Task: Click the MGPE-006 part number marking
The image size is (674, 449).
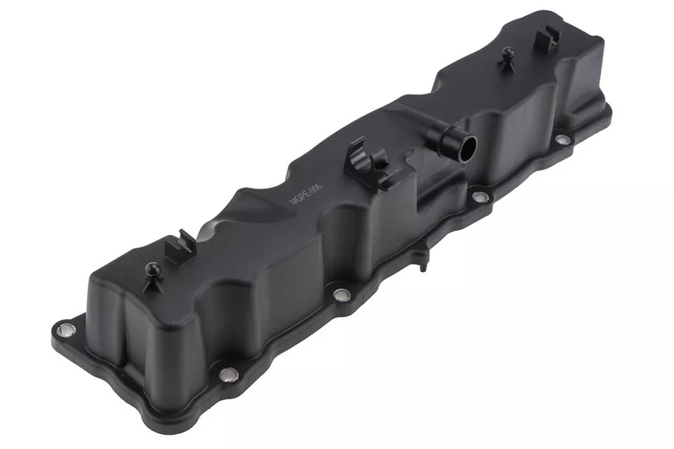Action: point(300,188)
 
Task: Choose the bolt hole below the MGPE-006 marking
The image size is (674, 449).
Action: point(340,295)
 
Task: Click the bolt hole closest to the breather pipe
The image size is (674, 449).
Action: point(480,197)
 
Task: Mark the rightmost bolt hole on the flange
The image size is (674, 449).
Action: point(561,139)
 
